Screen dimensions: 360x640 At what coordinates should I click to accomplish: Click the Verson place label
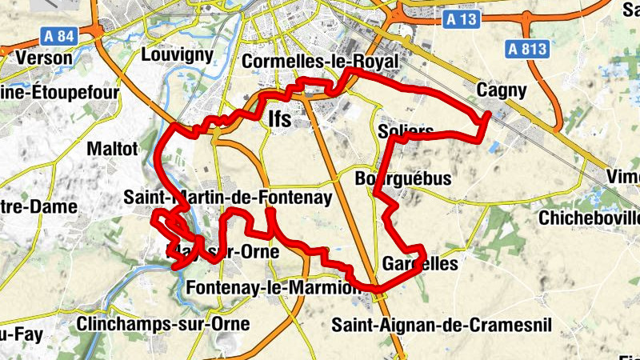(x=44, y=58)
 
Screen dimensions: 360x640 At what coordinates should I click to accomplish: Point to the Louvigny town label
(x=177, y=54)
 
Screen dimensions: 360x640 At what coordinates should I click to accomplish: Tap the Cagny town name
(x=502, y=90)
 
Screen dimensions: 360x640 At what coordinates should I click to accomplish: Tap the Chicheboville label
(x=590, y=217)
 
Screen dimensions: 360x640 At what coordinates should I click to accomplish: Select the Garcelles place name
(x=420, y=263)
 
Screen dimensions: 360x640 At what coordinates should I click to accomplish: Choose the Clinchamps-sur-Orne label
(x=164, y=323)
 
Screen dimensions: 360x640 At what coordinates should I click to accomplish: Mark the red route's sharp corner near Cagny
(x=488, y=116)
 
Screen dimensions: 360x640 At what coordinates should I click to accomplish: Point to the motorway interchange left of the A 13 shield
(x=394, y=11)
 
